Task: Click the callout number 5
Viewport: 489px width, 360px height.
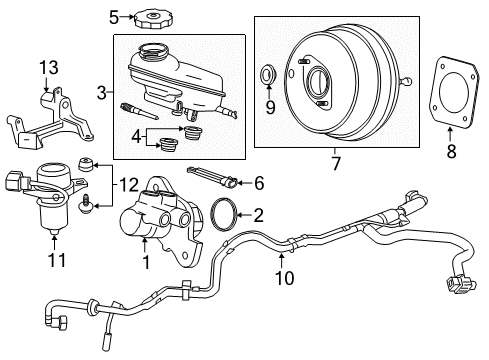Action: pyautogui.click(x=114, y=16)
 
